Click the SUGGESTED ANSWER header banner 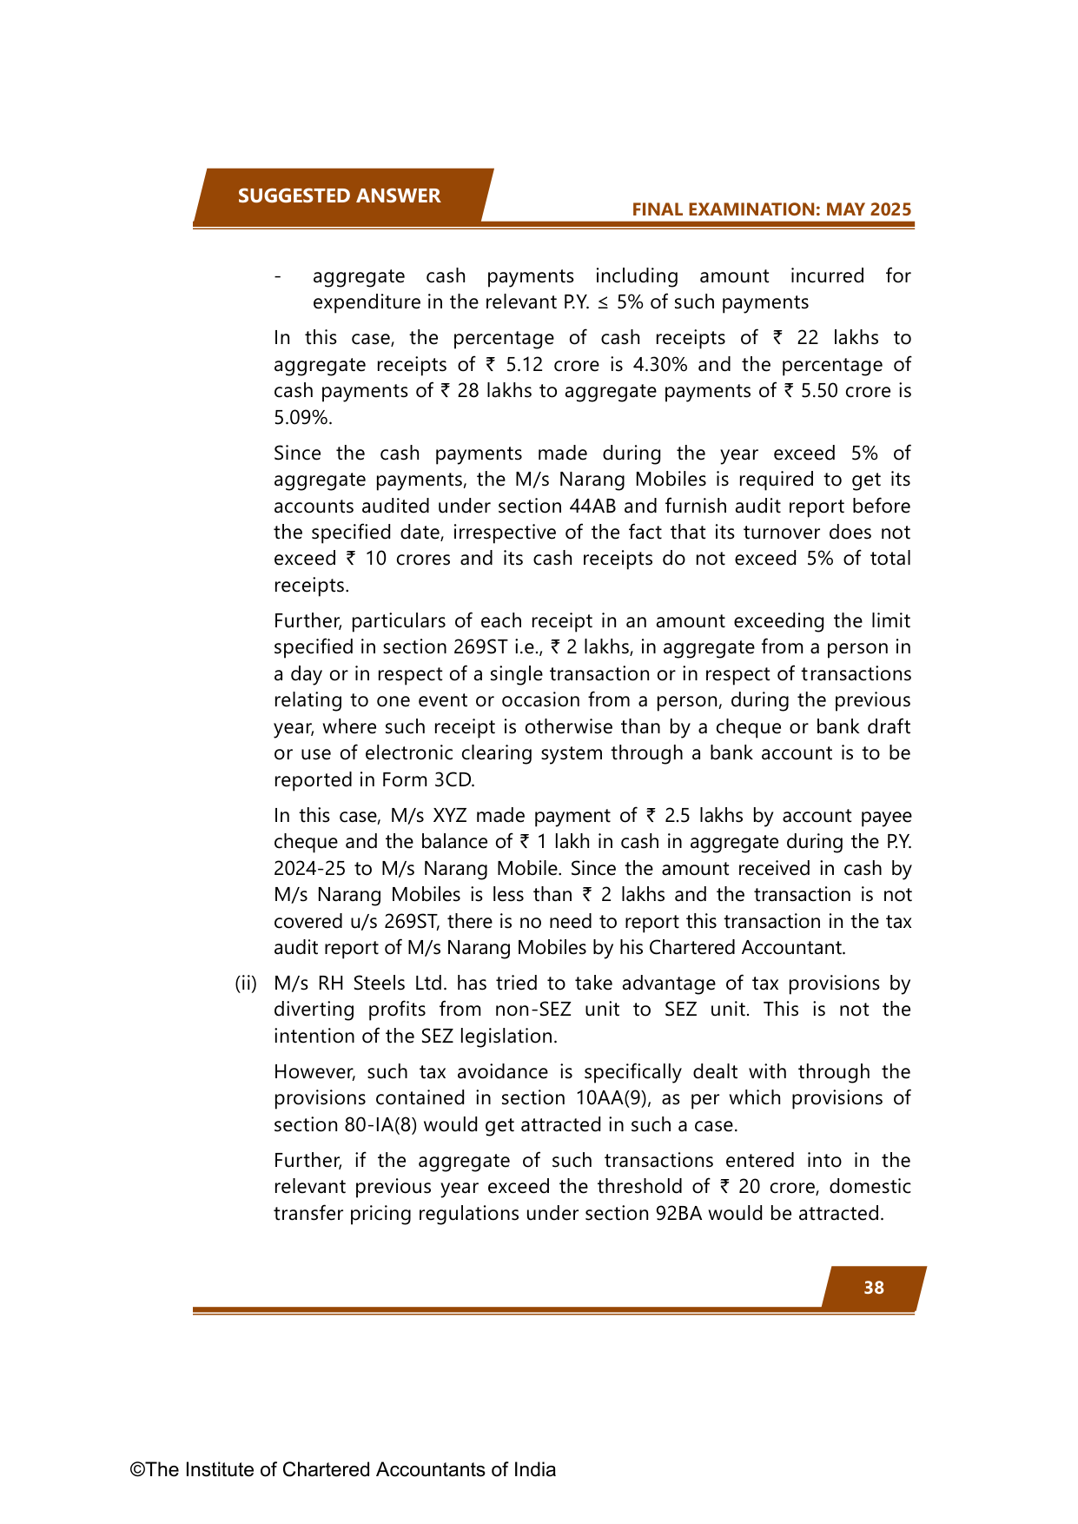coord(339,195)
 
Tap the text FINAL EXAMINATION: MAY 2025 coord(771,209)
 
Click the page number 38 coord(874,1288)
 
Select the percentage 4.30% coord(661,364)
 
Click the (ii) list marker coord(246,983)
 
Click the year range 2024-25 coord(308,868)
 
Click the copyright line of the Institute coord(343,1469)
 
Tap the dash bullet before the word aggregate coord(277,276)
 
